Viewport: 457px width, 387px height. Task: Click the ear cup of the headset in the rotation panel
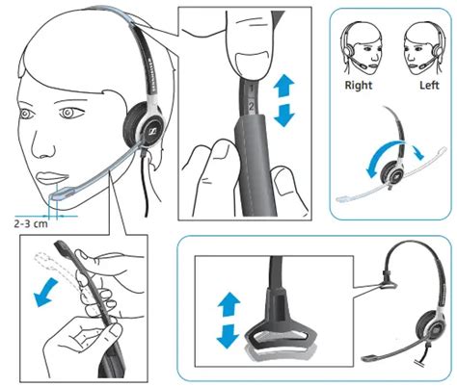pyautogui.click(x=396, y=168)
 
